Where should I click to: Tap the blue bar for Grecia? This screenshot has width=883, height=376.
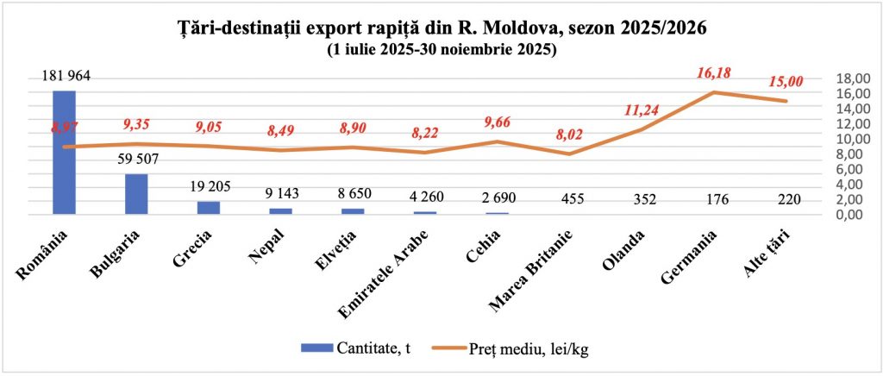pos(209,207)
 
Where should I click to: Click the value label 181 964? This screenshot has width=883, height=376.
pos(66,77)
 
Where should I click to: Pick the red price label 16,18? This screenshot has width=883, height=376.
pos(714,73)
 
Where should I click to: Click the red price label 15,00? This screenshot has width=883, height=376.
pos(786,82)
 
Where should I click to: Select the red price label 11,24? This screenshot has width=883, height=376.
pos(642,110)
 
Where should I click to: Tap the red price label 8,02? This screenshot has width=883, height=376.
pos(570,135)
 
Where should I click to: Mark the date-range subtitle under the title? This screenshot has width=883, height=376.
pos(441,50)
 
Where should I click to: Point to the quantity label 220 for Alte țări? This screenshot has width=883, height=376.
pos(787,200)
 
